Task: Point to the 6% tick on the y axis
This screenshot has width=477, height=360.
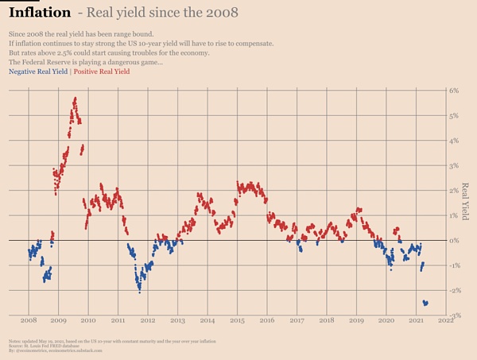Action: (x=453, y=91)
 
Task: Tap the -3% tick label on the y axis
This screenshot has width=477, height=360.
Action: (x=453, y=315)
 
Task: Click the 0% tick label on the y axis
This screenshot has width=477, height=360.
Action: (x=453, y=240)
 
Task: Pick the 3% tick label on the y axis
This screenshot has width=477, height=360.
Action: (x=453, y=165)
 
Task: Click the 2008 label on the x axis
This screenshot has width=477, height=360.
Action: (x=28, y=321)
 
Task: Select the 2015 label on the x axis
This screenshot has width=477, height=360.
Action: (x=237, y=321)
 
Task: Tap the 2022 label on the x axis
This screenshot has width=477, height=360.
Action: (x=445, y=321)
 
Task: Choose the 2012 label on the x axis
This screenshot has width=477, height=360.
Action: (x=147, y=321)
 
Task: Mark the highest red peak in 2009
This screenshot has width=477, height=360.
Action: (x=75, y=99)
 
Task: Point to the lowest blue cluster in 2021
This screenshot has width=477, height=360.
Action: (x=425, y=303)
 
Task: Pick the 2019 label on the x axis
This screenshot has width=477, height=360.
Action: (x=356, y=321)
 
